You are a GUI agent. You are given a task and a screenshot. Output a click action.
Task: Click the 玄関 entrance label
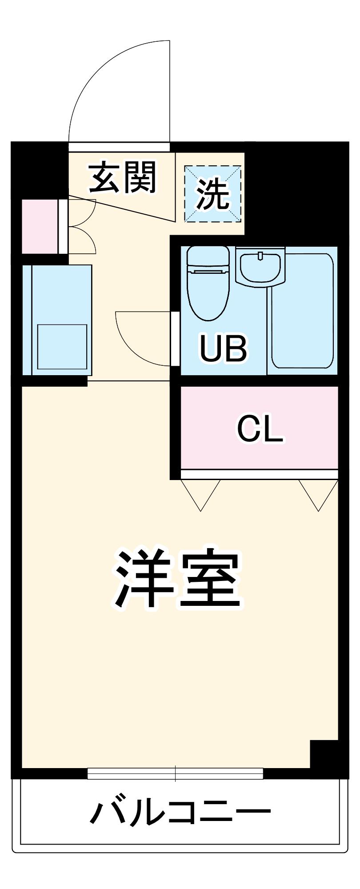click(123, 178)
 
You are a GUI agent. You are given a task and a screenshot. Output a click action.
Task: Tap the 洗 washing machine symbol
click(213, 194)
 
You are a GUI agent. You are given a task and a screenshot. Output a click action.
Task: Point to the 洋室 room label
click(178, 580)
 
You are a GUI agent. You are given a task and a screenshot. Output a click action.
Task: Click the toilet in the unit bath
click(208, 283)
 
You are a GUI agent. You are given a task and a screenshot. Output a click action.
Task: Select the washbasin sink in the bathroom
click(260, 266)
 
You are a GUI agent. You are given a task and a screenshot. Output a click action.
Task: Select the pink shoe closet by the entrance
click(40, 227)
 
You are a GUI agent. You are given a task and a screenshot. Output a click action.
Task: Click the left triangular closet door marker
click(201, 495)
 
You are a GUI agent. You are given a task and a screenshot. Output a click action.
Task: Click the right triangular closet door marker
click(318, 495)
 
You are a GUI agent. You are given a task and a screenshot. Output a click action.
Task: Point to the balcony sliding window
click(175, 773)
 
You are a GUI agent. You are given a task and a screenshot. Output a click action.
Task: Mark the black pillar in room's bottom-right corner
click(324, 754)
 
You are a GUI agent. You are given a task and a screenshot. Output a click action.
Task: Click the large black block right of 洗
click(297, 194)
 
